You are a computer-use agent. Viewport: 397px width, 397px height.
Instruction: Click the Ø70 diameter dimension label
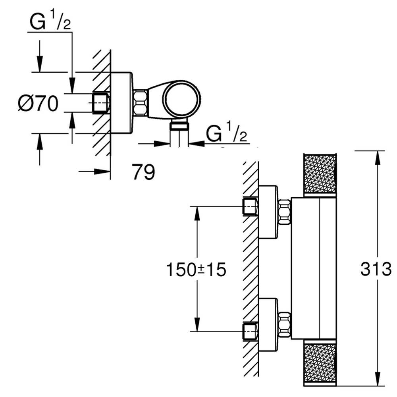pyautogui.click(x=38, y=104)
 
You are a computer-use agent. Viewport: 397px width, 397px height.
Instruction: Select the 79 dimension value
pyautogui.click(x=143, y=173)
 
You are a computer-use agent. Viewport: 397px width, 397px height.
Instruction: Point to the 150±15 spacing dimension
pyautogui.click(x=196, y=270)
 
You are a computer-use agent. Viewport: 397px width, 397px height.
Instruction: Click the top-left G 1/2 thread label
pyautogui.click(x=49, y=24)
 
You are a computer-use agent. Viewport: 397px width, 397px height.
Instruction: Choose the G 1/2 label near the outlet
pyautogui.click(x=227, y=134)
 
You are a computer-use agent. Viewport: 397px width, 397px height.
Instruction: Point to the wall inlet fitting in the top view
pyautogui.click(x=100, y=104)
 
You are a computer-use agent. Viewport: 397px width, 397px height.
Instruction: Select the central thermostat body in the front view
pyautogui.click(x=314, y=268)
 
